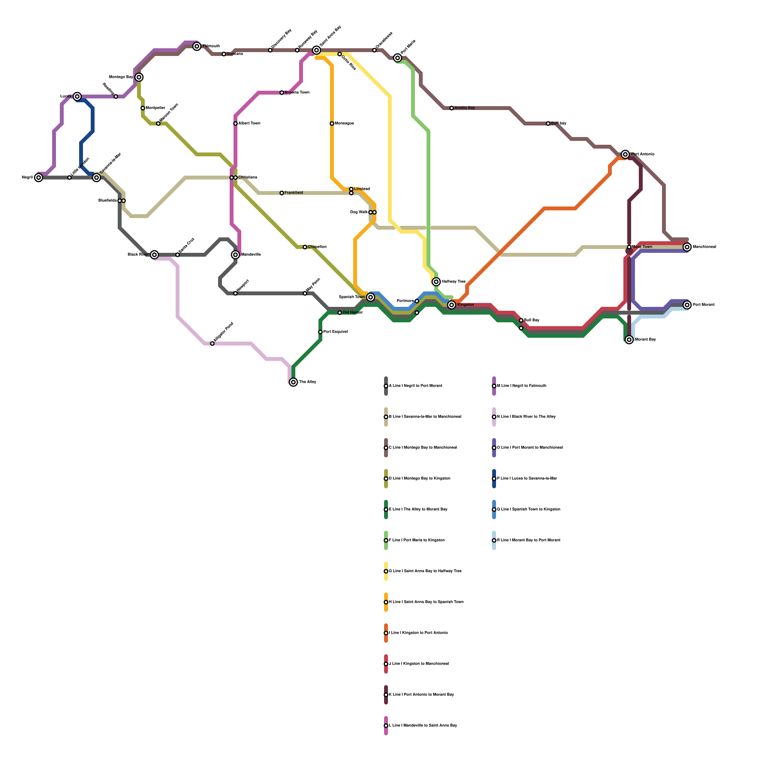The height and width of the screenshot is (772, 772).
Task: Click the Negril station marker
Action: [39, 178]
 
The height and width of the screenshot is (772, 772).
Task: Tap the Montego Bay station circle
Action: [139, 77]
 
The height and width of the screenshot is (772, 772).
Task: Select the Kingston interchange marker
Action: [452, 305]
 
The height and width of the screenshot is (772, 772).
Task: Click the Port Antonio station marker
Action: [625, 154]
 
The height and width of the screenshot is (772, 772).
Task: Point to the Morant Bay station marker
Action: [629, 340]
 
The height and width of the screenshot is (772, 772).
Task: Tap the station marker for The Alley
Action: [293, 382]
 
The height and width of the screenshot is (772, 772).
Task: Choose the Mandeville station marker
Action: [235, 255]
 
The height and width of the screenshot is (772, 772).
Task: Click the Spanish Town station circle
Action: [371, 297]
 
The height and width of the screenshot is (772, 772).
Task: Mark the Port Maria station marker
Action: [398, 58]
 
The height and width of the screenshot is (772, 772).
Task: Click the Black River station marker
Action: [154, 255]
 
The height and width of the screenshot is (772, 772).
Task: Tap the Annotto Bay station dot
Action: [452, 108]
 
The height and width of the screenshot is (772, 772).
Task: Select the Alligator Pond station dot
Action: [212, 344]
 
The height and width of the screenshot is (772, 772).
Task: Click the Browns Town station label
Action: [297, 93]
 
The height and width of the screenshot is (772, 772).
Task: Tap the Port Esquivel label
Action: [335, 332]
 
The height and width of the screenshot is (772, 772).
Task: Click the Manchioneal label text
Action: [704, 247]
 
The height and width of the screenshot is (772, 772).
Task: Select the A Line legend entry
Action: [415, 386]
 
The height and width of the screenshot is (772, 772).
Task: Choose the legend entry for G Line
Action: [425, 571]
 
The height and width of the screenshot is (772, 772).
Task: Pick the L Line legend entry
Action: [423, 726]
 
